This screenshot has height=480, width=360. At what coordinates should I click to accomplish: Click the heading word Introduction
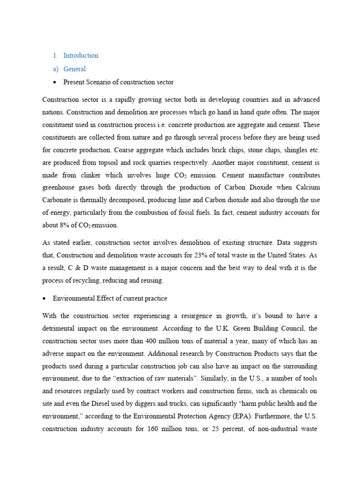click(81, 55)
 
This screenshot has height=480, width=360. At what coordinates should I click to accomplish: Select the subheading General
click(75, 69)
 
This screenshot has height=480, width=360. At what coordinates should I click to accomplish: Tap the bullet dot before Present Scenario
click(55, 82)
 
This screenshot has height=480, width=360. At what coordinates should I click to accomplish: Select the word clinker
click(93, 175)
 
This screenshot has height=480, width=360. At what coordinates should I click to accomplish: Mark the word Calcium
click(306, 187)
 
